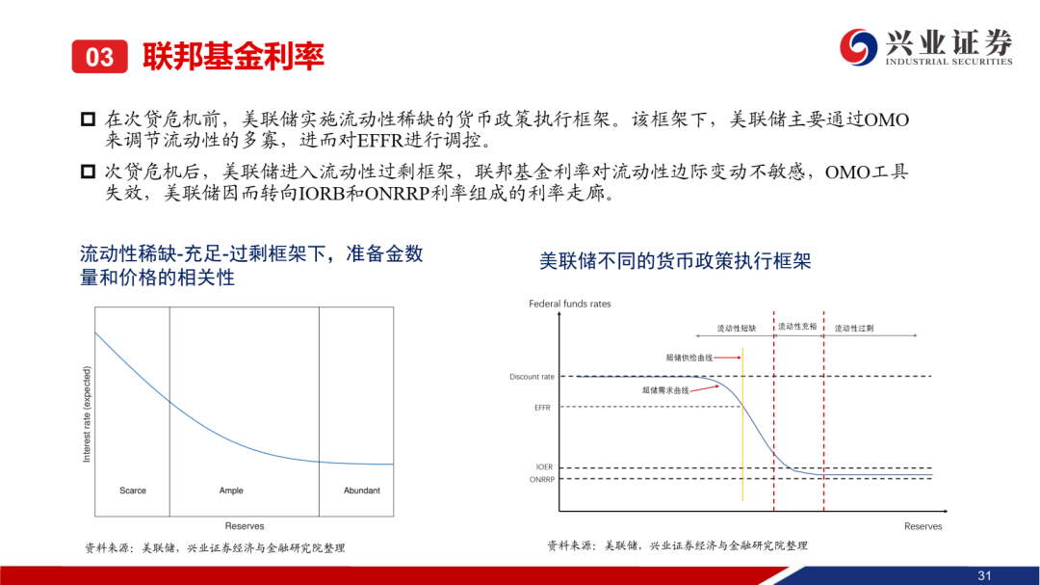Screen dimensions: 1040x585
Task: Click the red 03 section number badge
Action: pos(99,57)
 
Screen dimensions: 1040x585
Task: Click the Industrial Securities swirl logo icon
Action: pos(858,47)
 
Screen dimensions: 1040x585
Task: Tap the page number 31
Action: pos(984,575)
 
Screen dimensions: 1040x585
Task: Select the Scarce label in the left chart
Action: pos(133,491)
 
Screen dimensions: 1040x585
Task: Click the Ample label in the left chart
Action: pos(231,491)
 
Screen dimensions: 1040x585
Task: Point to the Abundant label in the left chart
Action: pos(361,491)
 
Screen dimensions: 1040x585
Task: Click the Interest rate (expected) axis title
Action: pos(87,414)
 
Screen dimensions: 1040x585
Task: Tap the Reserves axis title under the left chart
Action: pos(244,526)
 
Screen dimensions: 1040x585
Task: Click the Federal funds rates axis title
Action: pos(570,304)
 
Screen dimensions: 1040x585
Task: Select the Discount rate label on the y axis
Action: pos(532,377)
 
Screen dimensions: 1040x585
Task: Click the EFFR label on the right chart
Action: pos(542,408)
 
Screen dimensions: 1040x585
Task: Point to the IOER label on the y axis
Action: pos(544,466)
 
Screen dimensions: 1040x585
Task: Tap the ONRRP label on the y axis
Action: pos(542,479)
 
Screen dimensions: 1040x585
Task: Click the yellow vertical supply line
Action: pos(742,424)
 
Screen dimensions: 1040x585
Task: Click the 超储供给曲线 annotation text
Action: pos(689,358)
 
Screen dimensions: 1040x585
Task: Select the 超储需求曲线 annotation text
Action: pos(665,390)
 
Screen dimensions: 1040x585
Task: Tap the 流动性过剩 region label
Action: pos(853,328)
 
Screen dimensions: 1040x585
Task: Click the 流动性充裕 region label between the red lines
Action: pos(797,327)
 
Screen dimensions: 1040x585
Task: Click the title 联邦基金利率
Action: pos(233,57)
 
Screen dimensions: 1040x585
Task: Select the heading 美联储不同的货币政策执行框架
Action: pos(675,261)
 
